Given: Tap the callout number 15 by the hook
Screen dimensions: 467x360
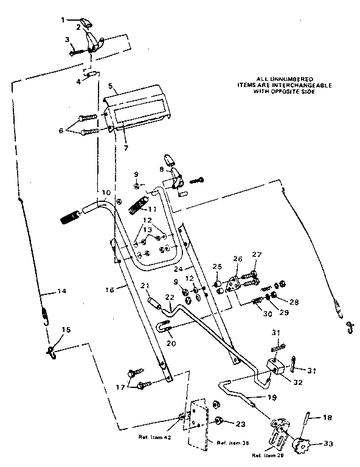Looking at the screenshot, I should pyautogui.click(x=66, y=330).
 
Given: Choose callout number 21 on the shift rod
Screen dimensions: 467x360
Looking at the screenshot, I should pyautogui.click(x=144, y=286).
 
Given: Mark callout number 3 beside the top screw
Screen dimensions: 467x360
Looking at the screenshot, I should pyautogui.click(x=67, y=40).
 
